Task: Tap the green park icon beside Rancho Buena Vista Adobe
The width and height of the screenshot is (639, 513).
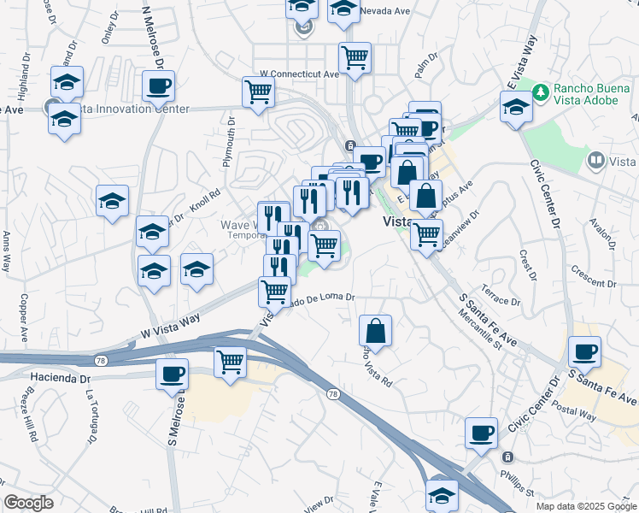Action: click(540, 91)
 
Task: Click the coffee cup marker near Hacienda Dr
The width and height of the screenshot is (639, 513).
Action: click(172, 374)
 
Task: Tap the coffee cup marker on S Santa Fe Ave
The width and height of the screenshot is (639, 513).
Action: click(584, 351)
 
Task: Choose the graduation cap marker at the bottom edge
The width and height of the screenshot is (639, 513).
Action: click(442, 495)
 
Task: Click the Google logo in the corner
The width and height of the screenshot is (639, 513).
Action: click(29, 503)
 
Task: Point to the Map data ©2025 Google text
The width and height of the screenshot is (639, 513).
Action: click(585, 506)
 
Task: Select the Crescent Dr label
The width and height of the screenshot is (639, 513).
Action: click(595, 283)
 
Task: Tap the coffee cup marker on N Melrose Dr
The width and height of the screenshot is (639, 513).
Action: click(159, 85)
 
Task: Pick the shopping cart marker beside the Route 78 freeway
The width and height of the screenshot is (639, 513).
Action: click(230, 362)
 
